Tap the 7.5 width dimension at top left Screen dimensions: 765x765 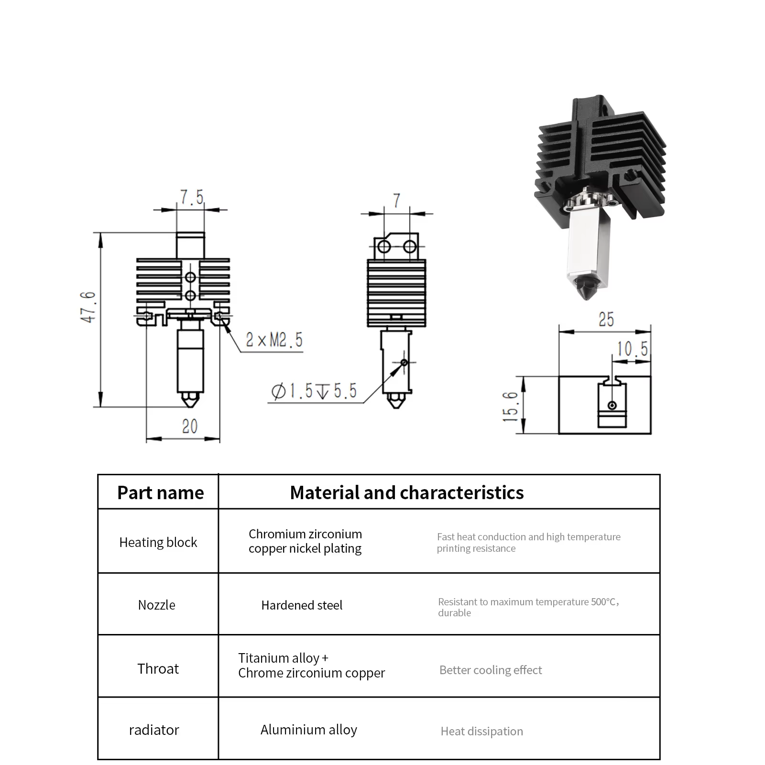(192, 197)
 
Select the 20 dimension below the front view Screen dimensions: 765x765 (189, 426)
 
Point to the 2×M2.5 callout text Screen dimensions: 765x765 (274, 340)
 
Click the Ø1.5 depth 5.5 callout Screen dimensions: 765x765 (314, 391)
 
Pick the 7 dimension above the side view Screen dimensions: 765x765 (397, 201)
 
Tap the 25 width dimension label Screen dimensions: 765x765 (606, 319)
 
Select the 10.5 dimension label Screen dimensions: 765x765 (633, 349)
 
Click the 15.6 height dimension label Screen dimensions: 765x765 (510, 406)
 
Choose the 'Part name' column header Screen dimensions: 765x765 (161, 492)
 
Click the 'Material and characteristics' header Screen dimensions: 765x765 (407, 492)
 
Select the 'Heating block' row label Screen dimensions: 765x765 (158, 542)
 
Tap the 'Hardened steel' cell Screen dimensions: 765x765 (302, 605)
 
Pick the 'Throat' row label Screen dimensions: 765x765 (158, 668)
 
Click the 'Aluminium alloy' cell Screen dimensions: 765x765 (309, 730)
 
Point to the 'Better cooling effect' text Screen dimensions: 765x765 (491, 670)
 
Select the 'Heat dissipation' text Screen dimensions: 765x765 (482, 731)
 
